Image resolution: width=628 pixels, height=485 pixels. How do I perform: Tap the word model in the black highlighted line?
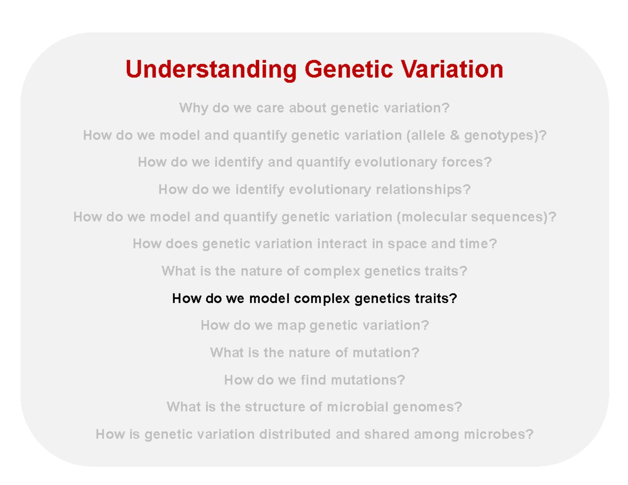pyautogui.click(x=270, y=299)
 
